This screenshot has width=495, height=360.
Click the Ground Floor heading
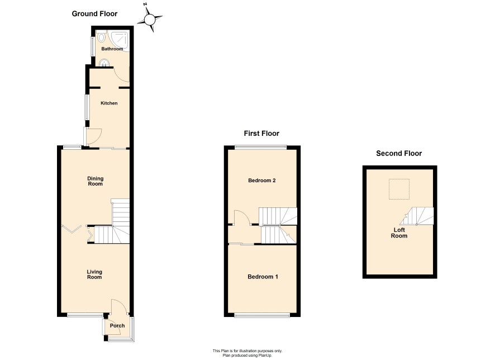(94, 13)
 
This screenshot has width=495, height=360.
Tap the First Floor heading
(261, 133)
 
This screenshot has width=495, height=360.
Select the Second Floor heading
(399, 153)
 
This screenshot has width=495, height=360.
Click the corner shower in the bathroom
(120, 40)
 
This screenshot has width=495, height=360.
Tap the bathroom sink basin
(104, 63)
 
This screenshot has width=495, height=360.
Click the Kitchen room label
(109, 103)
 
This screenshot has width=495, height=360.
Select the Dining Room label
(95, 181)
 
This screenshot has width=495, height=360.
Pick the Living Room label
(94, 274)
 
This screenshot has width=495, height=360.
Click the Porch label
(117, 325)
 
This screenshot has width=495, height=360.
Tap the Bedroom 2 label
(261, 181)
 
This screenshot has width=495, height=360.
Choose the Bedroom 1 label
(263, 277)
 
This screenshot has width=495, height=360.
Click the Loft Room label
(399, 233)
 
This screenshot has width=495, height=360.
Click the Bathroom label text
(112, 49)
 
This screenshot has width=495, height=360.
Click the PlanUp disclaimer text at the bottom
(247, 353)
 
